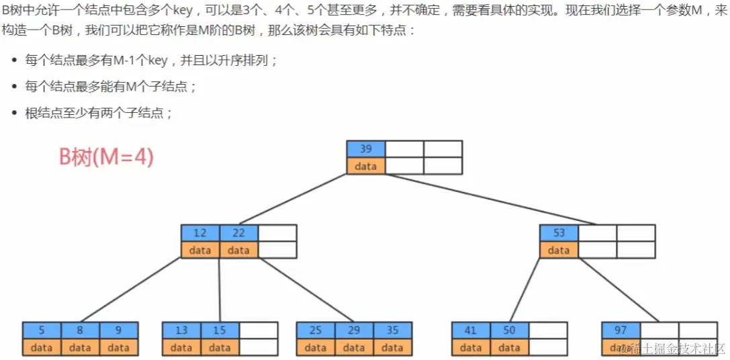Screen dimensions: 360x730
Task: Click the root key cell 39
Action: pos(366,149)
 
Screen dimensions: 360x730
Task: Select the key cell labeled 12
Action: pos(200,233)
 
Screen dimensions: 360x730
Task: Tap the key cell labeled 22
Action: pos(238,233)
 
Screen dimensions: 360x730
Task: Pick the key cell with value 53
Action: pos(559,233)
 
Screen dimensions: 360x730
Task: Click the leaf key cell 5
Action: pos(42,330)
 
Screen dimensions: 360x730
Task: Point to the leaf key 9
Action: pos(119,330)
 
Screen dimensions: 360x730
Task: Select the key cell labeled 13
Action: pos(181,330)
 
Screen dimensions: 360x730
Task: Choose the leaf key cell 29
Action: pos(354,330)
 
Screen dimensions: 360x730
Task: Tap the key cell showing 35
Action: pos(393,330)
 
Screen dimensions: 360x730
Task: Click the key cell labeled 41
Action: pos(471,330)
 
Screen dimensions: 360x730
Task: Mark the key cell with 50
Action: pos(510,330)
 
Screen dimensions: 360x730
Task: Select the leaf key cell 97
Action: pos(621,330)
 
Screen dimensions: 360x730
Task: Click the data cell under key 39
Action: pos(366,166)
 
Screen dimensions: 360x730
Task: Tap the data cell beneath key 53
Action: pos(559,250)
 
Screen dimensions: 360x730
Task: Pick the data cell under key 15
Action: pos(220,347)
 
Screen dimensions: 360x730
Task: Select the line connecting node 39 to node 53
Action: pos(490,199)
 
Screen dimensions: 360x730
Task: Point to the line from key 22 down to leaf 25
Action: pos(306,290)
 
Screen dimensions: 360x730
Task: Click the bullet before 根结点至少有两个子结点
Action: pos(15,114)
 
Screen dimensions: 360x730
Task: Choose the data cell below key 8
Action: pos(80,347)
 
